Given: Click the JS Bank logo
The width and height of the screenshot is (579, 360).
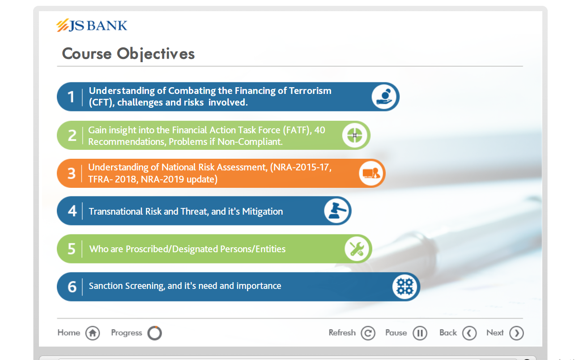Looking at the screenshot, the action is [x=92, y=25].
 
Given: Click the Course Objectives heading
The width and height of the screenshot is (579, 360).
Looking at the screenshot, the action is [x=128, y=54].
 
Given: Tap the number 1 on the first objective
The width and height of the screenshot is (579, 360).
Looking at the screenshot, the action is [x=71, y=97].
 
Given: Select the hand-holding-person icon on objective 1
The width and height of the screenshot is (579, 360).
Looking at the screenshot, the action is [x=384, y=97].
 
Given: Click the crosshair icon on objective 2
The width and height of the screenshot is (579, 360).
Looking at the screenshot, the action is [x=355, y=135].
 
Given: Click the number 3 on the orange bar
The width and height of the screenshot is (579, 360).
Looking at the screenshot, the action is [x=71, y=173].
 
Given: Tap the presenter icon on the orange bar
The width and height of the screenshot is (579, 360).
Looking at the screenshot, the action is [x=371, y=173].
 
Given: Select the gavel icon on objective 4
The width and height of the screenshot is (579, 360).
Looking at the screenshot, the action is [x=336, y=211].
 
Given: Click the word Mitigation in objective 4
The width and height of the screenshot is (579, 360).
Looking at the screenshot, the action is [x=262, y=212].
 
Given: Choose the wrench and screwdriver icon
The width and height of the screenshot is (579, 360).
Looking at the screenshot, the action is [x=357, y=249].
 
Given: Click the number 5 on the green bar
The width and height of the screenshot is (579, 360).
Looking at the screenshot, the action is [x=71, y=249].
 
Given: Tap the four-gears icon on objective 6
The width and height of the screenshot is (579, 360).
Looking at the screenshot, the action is [x=405, y=287].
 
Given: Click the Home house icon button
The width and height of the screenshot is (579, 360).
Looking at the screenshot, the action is [x=93, y=333].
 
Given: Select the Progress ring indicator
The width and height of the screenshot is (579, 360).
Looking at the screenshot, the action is [x=154, y=333].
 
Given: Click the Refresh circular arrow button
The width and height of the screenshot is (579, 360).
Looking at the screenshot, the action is [x=368, y=333].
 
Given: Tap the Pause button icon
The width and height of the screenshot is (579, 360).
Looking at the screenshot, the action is [x=420, y=333].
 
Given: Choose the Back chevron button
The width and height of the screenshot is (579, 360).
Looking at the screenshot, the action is [x=469, y=333].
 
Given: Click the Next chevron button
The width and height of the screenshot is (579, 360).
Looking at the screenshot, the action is [x=516, y=333].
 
